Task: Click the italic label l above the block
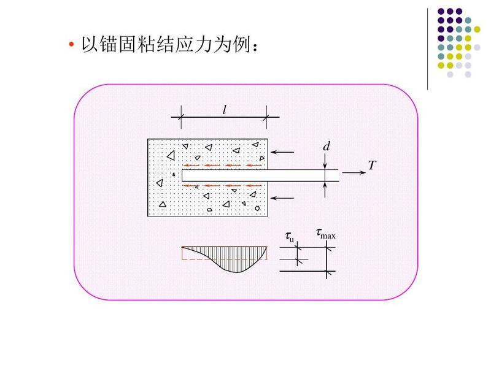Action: tap(225, 109)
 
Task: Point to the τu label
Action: tap(290, 236)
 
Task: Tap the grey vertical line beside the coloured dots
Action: tap(427, 49)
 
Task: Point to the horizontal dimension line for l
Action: tap(225, 117)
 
